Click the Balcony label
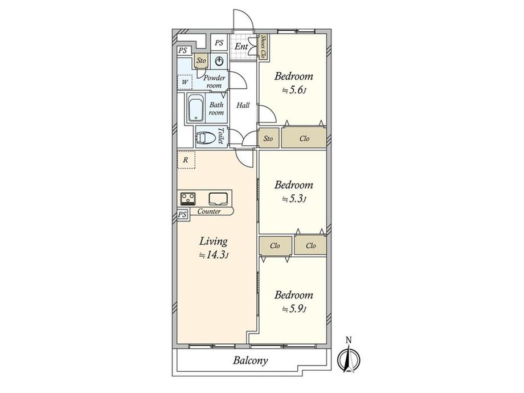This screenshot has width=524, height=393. [x=250, y=361]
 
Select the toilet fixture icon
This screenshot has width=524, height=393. [x=206, y=138]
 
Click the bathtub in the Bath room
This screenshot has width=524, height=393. [x=196, y=108]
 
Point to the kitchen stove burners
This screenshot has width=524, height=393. [x=188, y=199]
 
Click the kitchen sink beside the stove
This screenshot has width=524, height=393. [x=218, y=199]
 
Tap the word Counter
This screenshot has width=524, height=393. [x=209, y=211]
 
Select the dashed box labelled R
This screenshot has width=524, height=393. [x=186, y=159]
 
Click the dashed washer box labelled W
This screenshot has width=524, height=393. [x=185, y=82]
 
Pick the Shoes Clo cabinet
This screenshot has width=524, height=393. [x=263, y=47]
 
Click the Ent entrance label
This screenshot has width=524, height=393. [x=241, y=47]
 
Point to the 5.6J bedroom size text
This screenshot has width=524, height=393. [x=294, y=90]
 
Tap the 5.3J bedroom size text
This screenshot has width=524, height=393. [x=294, y=199]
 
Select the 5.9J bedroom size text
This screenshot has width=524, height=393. [x=294, y=309]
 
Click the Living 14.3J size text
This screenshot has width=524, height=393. [x=214, y=256]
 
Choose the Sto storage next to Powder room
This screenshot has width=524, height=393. [x=201, y=60]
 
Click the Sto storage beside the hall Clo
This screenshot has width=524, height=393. [x=268, y=138]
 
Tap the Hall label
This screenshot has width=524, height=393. [x=243, y=105]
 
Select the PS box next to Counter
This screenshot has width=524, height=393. [x=182, y=215]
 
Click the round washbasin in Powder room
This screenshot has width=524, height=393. [x=219, y=61]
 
